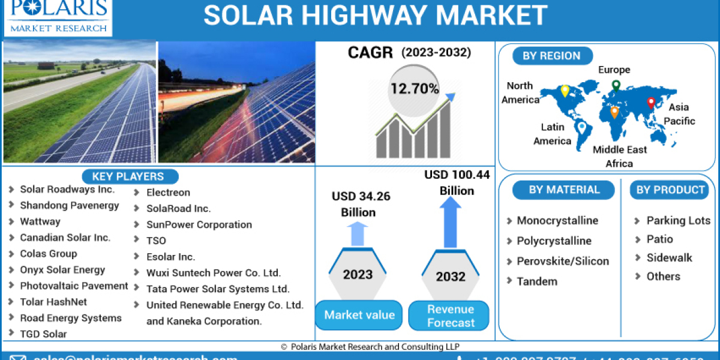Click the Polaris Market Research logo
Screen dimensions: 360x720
tap(58, 16)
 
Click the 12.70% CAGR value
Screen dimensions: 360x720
tap(415, 89)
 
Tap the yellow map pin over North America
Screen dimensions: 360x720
tap(565, 92)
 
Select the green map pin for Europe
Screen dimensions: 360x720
tap(615, 86)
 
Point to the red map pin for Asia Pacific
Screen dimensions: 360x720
tap(651, 103)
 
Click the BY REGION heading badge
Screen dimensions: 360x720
tap(551, 56)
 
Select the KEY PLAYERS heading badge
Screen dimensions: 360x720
tap(127, 176)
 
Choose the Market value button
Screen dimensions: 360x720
tap(359, 315)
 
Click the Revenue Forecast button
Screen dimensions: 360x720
tap(450, 316)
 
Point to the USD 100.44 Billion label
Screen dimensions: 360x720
tap(457, 183)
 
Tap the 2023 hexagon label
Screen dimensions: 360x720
tap(358, 275)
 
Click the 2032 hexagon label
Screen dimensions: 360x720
tap(450, 276)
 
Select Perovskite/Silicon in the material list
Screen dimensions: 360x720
tap(562, 261)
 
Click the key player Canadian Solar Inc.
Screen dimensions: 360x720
tap(65, 238)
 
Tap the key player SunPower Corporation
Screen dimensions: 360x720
tap(199, 224)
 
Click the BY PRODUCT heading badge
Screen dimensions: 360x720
tap(670, 190)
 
